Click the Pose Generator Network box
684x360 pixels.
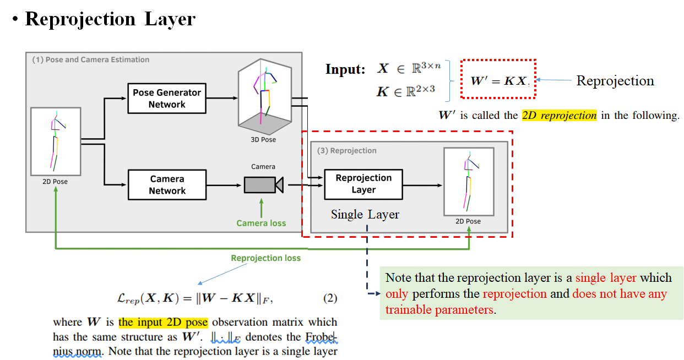coord(167,99)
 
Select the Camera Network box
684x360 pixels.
coord(167,185)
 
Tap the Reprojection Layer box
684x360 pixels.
coord(363,184)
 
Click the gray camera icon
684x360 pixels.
coord(263,184)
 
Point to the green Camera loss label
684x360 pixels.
coord(261,223)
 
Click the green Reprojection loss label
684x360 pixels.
coord(265,258)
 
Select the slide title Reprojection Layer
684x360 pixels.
coord(110,19)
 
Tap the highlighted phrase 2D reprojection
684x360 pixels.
coord(559,116)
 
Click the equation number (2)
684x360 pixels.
coord(329,298)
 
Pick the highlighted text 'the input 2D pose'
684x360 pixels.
coord(164,322)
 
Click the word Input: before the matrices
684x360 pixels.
coord(345,70)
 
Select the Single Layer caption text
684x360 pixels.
coord(365,214)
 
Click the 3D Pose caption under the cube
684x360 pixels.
coord(263,140)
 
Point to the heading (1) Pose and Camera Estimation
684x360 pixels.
coord(90,59)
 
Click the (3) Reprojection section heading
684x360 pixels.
coord(346,150)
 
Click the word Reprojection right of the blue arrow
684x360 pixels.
coord(615,81)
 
